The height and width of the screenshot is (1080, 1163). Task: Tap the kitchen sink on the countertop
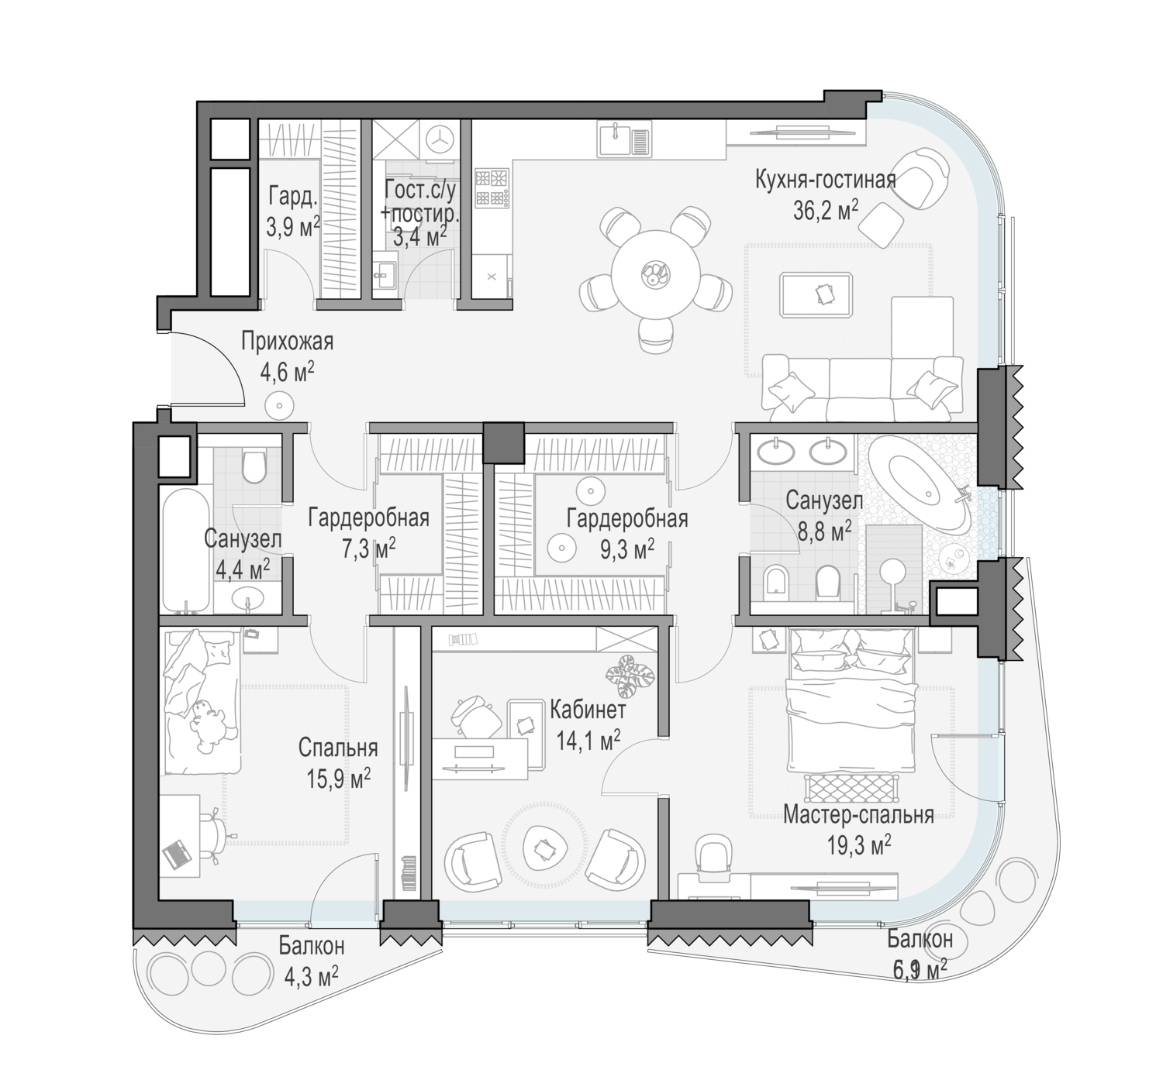(624, 139)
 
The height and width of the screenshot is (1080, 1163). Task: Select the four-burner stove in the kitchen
(492, 188)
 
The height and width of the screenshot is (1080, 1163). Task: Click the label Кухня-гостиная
(826, 180)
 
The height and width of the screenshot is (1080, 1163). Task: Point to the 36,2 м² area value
(826, 210)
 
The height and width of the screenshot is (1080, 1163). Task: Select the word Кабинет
(588, 710)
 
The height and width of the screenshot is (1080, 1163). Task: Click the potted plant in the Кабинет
(630, 676)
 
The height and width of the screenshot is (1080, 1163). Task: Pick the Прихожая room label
(287, 341)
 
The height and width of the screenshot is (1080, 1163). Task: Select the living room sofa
(863, 388)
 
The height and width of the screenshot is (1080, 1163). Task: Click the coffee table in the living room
(816, 297)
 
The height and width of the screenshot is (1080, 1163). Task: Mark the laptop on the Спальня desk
(178, 854)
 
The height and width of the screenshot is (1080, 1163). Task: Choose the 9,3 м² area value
(627, 550)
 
